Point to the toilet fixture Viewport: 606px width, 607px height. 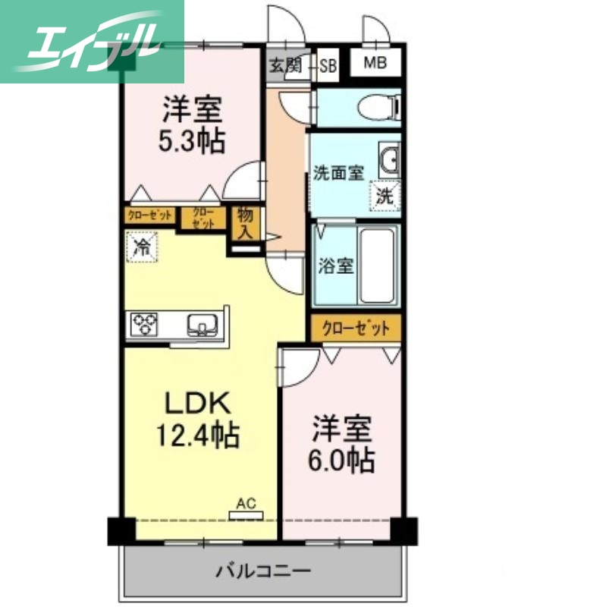[376, 108]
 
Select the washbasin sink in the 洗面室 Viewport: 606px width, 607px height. [391, 160]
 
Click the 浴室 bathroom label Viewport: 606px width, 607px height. [334, 266]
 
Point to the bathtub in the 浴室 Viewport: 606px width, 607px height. [377, 265]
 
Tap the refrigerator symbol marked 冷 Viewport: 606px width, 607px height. [141, 246]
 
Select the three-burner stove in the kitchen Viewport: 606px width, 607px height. [146, 325]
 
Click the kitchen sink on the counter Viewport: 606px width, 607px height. [203, 325]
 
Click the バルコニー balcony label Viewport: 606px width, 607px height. [262, 570]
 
